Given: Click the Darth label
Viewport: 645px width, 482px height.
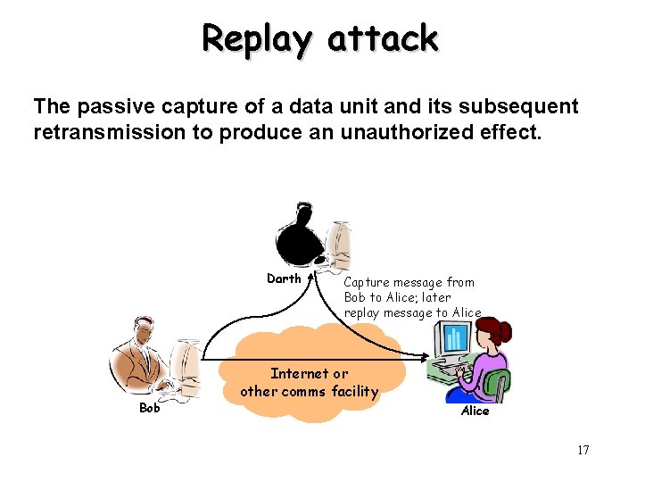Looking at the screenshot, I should pos(284,278).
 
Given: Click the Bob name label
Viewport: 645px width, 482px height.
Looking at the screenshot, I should pos(150,409).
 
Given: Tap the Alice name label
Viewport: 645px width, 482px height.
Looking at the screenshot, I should pos(475,411).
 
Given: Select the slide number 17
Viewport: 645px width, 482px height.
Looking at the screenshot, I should pos(583,450).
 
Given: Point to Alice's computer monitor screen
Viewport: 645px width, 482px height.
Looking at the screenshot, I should pos(455,337).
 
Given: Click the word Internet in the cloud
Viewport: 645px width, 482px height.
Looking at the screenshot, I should pos(297,374).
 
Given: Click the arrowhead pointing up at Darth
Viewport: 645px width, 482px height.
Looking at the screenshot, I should pos(313,278).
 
